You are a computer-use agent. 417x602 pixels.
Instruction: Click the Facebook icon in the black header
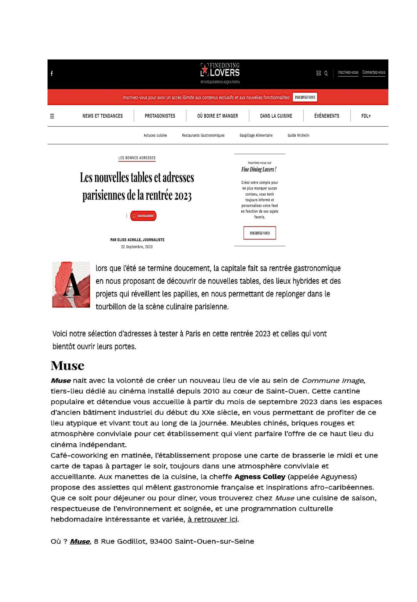(52, 73)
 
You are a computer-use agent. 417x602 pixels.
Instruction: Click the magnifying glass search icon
(326, 73)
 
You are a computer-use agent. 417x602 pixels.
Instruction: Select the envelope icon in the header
(319, 73)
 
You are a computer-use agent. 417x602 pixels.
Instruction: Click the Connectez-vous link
(373, 73)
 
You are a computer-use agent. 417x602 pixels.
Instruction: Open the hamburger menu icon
(52, 116)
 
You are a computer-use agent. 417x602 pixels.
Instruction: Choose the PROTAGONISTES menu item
(160, 116)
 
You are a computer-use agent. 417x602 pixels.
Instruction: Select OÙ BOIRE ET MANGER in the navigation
(217, 116)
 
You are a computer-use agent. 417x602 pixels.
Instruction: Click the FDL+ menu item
(366, 116)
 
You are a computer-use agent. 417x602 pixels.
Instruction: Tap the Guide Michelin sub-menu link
(298, 136)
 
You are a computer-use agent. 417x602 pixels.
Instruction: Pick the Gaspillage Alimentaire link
(256, 136)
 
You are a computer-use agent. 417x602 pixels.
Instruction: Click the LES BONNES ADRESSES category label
(137, 158)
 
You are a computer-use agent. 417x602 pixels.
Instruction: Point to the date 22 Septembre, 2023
(137, 247)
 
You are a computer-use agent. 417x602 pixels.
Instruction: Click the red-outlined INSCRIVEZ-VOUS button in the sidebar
(259, 233)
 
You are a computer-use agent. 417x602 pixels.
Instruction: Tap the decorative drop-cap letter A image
(71, 284)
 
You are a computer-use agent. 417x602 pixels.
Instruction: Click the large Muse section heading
(68, 366)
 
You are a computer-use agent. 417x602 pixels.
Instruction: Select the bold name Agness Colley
(260, 477)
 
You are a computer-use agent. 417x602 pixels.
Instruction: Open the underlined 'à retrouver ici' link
(212, 519)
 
